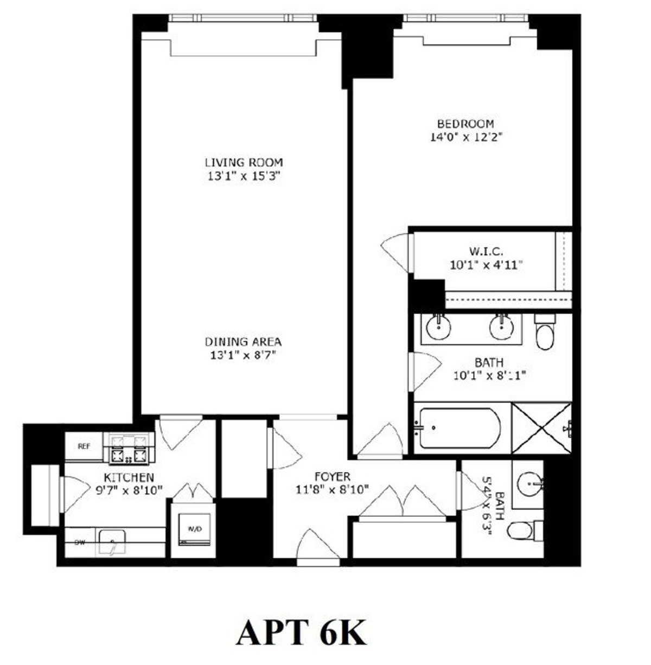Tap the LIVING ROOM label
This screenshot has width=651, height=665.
244,162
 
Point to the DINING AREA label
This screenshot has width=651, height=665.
243,342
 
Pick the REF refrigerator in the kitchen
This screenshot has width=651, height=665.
84,447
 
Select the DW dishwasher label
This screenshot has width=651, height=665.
80,541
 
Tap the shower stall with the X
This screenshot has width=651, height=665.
541,428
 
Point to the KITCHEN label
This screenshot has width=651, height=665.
129,478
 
